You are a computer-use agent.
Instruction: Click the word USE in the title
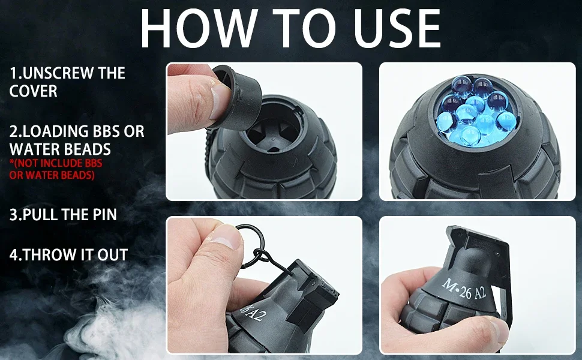tap(398, 29)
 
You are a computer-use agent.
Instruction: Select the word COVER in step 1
tap(34, 91)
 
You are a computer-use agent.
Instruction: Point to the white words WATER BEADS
tap(60, 149)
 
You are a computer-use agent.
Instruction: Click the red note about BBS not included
tap(56, 169)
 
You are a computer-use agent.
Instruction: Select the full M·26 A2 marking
tap(464, 290)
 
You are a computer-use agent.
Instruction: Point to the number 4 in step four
tap(13, 255)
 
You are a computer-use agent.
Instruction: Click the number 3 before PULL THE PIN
tap(13, 215)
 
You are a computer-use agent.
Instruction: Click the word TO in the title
tap(306, 29)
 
